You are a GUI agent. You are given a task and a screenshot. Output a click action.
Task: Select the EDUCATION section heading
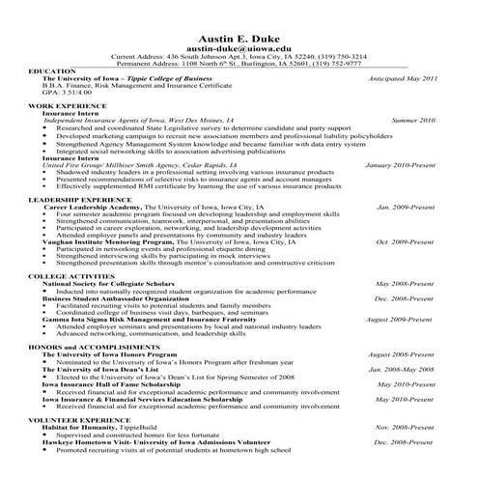click(53, 71)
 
